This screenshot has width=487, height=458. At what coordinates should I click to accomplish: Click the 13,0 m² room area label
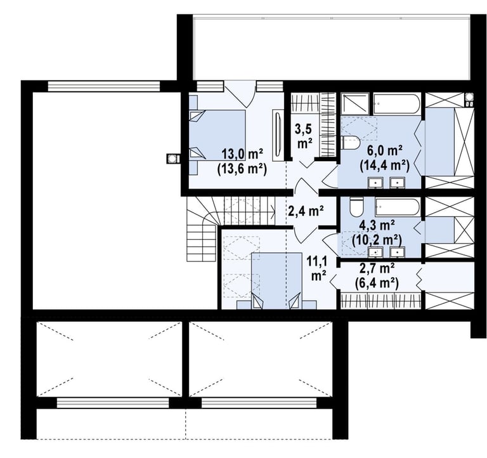(x=242, y=154)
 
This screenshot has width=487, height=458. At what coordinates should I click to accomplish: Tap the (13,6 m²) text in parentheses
(x=242, y=169)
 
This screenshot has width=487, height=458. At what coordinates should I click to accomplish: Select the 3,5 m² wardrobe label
(x=304, y=136)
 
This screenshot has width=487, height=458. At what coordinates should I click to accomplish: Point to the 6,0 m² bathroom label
(x=385, y=151)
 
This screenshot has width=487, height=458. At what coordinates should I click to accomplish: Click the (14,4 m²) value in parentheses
(x=385, y=166)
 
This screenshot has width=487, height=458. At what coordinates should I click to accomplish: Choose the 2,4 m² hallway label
(x=306, y=211)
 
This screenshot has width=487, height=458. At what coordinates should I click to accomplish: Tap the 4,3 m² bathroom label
(x=377, y=225)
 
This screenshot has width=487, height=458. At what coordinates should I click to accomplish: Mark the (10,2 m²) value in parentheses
(x=377, y=240)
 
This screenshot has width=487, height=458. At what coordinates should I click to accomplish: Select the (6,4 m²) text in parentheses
(x=377, y=283)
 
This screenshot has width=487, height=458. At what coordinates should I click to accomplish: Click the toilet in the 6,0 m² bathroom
(x=350, y=143)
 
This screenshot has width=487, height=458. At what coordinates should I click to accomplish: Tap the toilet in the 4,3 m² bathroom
(x=356, y=207)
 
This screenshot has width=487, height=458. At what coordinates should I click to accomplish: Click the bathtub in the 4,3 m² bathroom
(x=398, y=207)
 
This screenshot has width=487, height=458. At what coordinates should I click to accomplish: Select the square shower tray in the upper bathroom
(x=355, y=104)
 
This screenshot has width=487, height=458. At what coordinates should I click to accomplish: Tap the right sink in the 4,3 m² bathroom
(x=398, y=252)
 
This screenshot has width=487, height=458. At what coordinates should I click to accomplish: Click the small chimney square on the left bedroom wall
(x=171, y=159)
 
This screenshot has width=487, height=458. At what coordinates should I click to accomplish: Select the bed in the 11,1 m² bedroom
(x=276, y=280)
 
